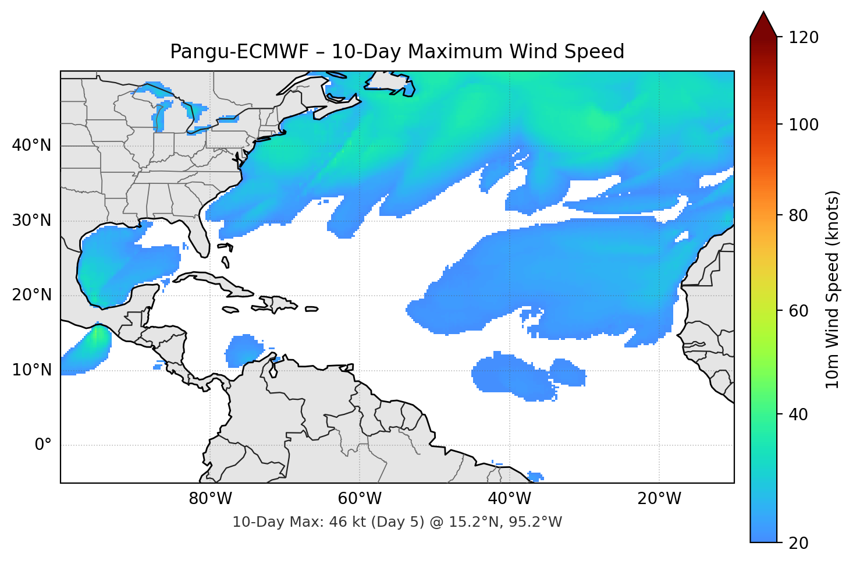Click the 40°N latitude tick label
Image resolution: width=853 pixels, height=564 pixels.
click(x=31, y=146)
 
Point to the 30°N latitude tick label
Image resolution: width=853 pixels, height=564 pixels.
click(x=31, y=221)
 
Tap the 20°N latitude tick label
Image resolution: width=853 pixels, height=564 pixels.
click(x=31, y=295)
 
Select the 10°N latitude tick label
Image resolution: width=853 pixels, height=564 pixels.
click(x=31, y=370)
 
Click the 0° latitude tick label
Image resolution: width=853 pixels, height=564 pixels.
click(x=43, y=445)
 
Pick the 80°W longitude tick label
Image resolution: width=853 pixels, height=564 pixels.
click(x=210, y=499)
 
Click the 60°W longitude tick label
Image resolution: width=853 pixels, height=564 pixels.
click(x=360, y=499)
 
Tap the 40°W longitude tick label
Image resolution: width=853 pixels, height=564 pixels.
click(x=509, y=499)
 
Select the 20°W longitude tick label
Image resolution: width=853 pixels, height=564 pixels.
click(x=659, y=499)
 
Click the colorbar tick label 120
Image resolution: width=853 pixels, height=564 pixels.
click(x=804, y=38)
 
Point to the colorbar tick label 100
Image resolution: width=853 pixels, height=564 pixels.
click(x=804, y=125)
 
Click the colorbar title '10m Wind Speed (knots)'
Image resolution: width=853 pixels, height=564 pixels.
click(x=833, y=289)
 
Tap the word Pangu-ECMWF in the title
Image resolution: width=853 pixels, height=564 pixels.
click(x=239, y=52)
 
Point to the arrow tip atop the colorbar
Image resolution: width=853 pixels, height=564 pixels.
click(x=763, y=13)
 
